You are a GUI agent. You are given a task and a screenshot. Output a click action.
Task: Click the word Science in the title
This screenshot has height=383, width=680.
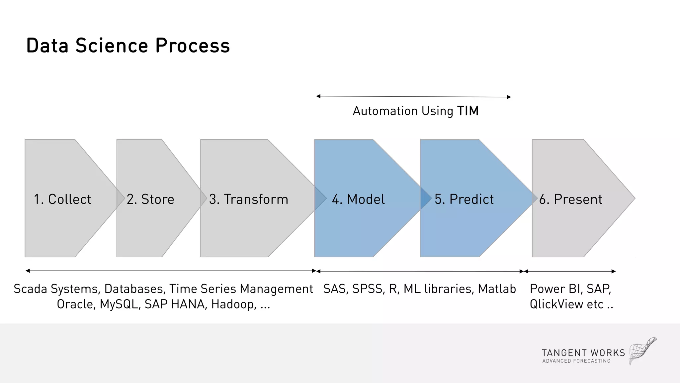[112, 46]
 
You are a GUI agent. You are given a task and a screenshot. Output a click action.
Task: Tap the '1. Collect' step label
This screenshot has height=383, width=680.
[62, 199]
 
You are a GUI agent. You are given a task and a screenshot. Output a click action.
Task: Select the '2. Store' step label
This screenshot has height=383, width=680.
[150, 199]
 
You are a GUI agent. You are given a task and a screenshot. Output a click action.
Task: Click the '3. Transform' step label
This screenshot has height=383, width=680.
[249, 199]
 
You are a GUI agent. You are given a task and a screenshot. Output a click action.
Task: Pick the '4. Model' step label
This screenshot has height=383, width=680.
[358, 199]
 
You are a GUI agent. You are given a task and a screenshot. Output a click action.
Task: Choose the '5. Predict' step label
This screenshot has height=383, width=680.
[464, 199]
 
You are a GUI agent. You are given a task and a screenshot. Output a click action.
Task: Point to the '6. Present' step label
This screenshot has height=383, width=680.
[570, 199]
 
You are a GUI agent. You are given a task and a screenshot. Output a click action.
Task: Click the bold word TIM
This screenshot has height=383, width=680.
[468, 111]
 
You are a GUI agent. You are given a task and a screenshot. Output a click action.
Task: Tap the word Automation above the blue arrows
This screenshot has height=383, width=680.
[385, 111]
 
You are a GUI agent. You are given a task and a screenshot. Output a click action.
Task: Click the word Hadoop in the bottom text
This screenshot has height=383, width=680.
[233, 304]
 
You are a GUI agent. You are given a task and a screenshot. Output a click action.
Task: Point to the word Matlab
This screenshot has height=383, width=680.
[497, 289]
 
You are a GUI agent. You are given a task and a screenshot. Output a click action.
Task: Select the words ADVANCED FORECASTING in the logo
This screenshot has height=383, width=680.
[576, 361]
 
